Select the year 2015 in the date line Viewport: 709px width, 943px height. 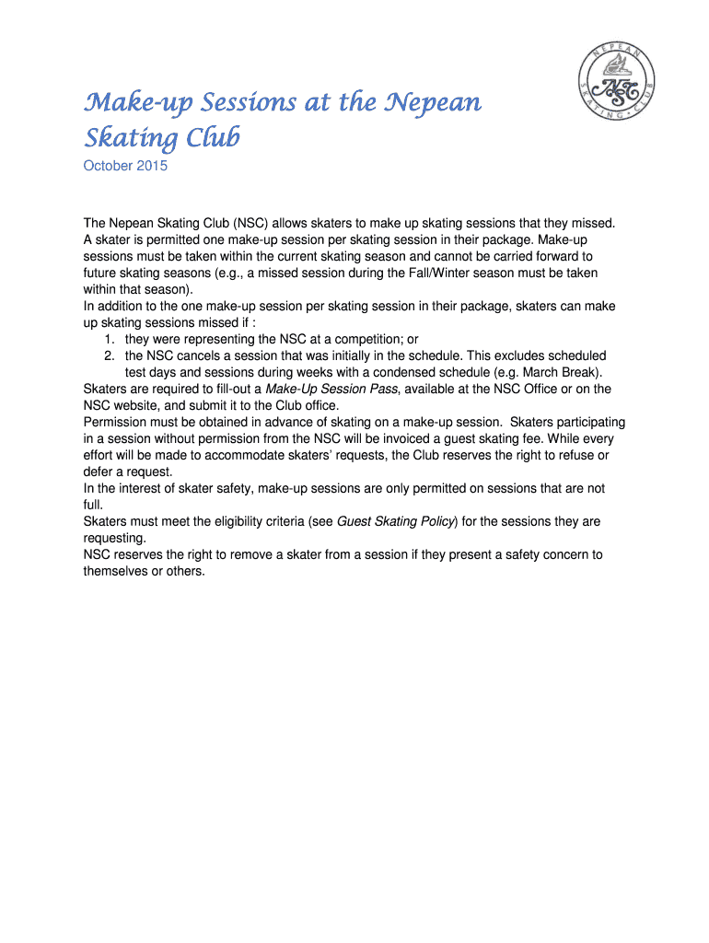point(151,167)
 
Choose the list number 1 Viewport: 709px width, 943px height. point(109,338)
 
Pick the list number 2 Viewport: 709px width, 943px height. point(109,355)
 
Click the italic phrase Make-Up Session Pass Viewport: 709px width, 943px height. point(331,389)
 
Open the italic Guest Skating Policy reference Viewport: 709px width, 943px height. point(396,521)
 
